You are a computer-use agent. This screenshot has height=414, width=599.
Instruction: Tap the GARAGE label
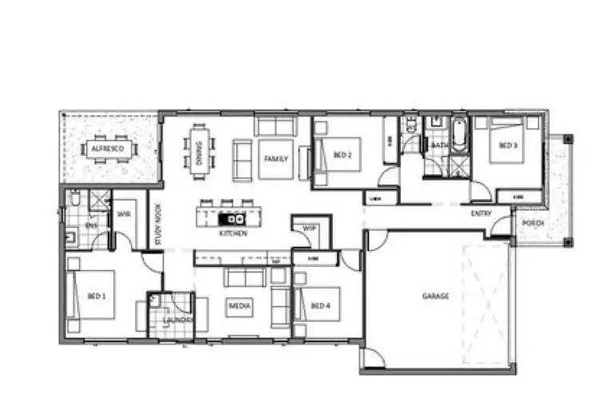pos(435,296)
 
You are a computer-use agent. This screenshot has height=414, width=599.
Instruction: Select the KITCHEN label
pos(233,233)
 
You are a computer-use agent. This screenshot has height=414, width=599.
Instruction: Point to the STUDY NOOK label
pos(158,229)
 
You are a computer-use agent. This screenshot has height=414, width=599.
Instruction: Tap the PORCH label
pos(534,223)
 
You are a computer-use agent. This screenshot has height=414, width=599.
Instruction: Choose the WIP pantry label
pos(308,229)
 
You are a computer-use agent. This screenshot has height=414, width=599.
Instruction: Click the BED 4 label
pos(319,305)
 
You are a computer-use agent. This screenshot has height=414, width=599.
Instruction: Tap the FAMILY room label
pos(275,159)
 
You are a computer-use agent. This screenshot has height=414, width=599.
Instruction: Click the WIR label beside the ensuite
pos(124,214)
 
